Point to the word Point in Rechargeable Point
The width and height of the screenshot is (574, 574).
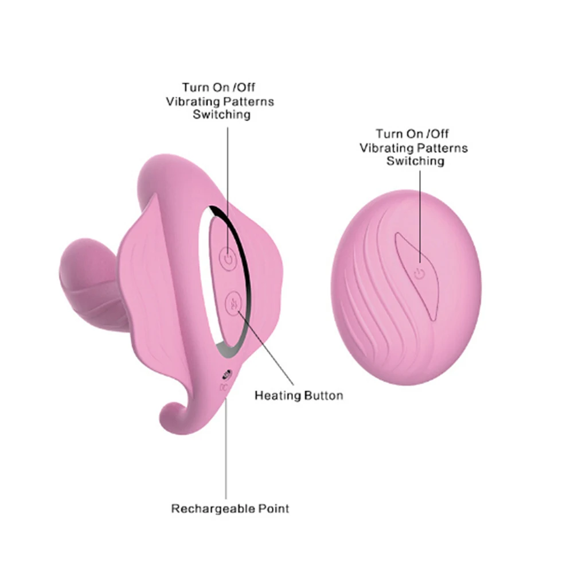tap(272, 508)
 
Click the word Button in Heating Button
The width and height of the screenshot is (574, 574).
tap(324, 395)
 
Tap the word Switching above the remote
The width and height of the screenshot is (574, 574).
tap(415, 161)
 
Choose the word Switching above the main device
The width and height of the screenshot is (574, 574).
tap(221, 114)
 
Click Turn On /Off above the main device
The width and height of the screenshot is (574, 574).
tap(218, 88)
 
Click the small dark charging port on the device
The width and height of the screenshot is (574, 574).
tap(225, 374)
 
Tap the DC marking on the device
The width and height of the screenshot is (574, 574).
tap(224, 387)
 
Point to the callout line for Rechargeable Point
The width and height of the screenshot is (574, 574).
tap(225, 447)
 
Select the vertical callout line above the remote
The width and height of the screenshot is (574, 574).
tap(420, 218)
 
